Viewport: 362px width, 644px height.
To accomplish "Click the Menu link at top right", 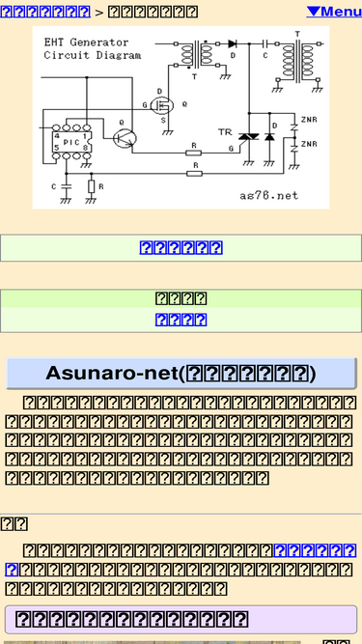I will point(334,12).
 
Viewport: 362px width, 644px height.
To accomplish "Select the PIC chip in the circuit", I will point(72,142).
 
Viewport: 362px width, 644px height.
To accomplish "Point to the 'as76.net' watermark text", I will point(269,194).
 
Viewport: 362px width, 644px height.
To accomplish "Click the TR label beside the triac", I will point(225,131).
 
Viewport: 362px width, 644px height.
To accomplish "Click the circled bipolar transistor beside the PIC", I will point(124,137).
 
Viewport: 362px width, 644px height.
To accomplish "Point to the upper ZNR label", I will point(309,119).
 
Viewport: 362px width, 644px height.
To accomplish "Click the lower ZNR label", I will point(309,144).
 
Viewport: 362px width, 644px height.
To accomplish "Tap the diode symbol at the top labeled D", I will point(233,44).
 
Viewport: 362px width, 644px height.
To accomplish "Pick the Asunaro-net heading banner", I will point(181,374).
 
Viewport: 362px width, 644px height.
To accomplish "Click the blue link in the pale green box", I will point(181,247).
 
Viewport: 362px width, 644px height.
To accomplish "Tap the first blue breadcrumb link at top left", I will point(45,12).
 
